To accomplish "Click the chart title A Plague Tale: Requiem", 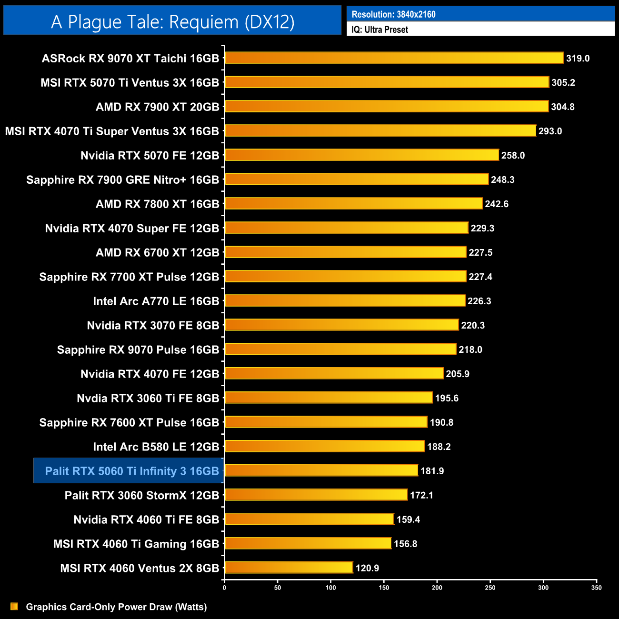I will click(x=172, y=22).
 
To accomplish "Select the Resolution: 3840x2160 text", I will click(x=393, y=14).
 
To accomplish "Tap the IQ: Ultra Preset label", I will click(x=379, y=30).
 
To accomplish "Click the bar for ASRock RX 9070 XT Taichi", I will click(x=394, y=58).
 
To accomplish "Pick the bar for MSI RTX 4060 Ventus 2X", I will click(x=289, y=568).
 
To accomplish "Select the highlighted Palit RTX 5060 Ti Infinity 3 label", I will click(x=131, y=471).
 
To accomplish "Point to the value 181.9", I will click(x=432, y=471).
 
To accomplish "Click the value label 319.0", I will click(x=578, y=58).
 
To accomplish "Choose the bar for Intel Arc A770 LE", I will click(x=345, y=300).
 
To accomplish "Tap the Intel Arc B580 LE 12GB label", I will click(x=156, y=447).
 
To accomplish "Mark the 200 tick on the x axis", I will click(x=437, y=588).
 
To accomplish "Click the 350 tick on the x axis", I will click(x=597, y=588).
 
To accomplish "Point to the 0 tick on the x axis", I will click(x=224, y=588).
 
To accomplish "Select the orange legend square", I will click(x=14, y=606).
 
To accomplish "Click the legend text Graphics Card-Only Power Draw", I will click(x=116, y=607).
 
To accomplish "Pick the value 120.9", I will click(x=367, y=568).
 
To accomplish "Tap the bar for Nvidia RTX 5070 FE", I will click(x=361, y=155).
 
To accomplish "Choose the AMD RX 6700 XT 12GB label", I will click(x=157, y=252).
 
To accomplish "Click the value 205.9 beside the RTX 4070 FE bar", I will click(x=457, y=374).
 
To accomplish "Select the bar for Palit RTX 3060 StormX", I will click(x=316, y=495).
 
